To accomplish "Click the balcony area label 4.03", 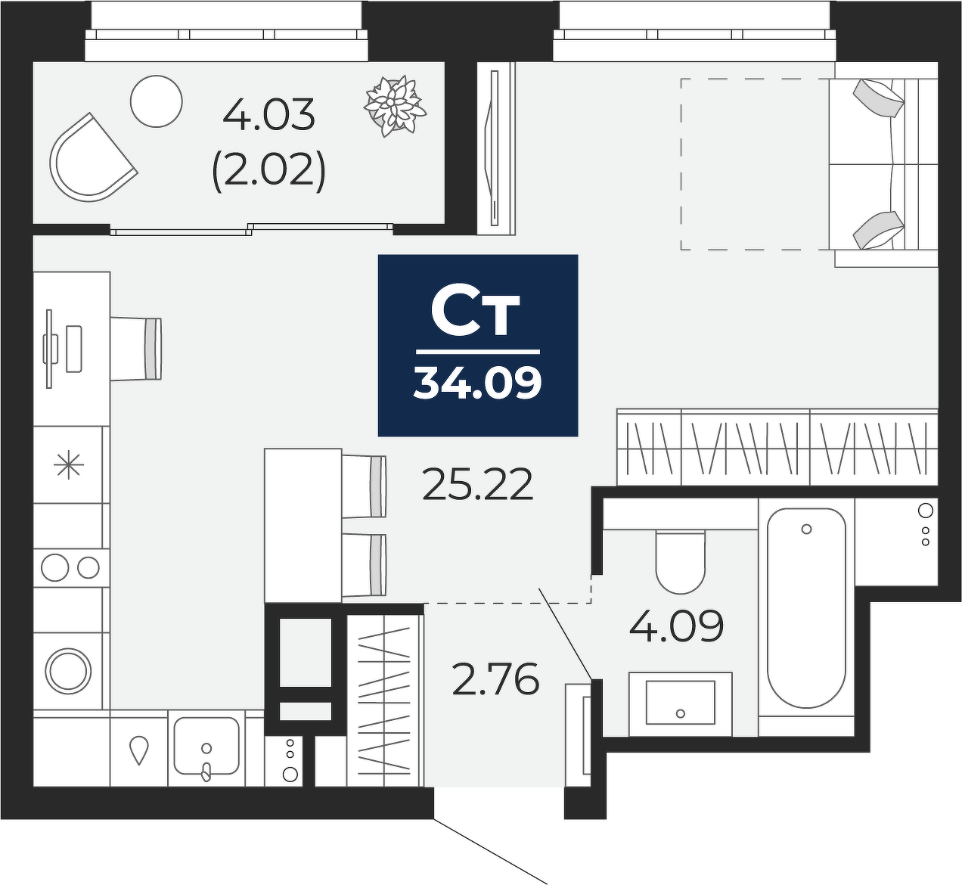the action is click(269, 115).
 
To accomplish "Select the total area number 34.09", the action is click(478, 384).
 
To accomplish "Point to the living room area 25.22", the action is click(478, 484).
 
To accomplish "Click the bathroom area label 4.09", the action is click(676, 626).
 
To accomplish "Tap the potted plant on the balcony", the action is click(395, 107).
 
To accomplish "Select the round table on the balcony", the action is click(157, 101).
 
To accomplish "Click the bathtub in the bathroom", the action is click(806, 607).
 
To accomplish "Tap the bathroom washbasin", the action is click(681, 703).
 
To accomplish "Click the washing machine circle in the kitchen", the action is click(69, 671).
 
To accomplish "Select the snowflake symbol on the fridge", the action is click(69, 464).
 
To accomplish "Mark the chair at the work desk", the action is click(137, 349).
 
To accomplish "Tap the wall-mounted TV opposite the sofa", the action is click(494, 148).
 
